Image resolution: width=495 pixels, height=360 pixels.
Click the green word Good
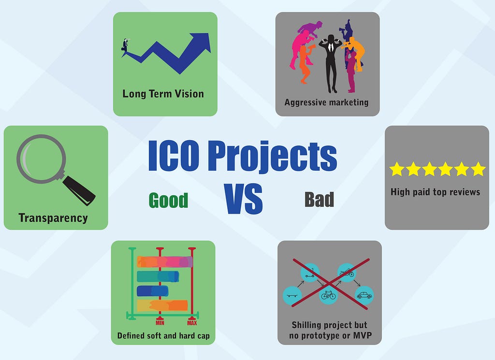coord(168,201)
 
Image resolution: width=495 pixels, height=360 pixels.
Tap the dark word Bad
coord(319,200)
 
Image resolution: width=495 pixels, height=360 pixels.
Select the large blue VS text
coord(244,199)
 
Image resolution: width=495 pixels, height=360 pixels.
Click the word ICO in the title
coord(174,156)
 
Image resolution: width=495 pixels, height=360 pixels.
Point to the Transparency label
coord(53,218)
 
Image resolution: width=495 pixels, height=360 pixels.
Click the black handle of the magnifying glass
coord(79,190)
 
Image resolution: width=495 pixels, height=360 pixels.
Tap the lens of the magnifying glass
coord(41,159)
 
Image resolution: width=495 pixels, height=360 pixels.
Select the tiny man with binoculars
coord(125,46)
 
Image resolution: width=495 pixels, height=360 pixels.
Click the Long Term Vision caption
coord(163,94)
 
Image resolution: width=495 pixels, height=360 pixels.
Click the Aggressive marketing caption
coord(326,102)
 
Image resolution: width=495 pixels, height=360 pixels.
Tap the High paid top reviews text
coord(436,192)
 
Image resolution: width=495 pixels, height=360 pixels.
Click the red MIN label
coord(160,323)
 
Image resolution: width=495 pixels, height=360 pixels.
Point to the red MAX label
coord(192,323)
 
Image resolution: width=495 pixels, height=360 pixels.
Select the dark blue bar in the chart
coord(152,291)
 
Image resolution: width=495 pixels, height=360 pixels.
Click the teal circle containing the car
coord(364,295)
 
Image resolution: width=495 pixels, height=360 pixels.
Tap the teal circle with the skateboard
coord(292,296)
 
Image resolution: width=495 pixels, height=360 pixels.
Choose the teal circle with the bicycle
coord(328,295)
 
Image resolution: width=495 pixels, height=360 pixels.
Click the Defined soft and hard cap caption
coord(163,336)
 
